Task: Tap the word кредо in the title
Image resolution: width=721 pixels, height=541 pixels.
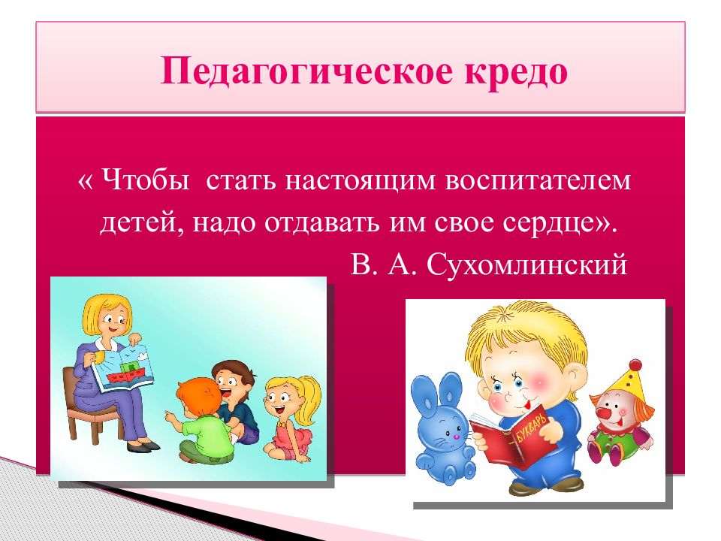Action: point(516,71)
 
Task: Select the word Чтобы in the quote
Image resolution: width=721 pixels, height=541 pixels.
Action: point(145,180)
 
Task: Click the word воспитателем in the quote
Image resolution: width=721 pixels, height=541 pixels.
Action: point(538,180)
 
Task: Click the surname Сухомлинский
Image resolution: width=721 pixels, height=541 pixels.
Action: point(526,265)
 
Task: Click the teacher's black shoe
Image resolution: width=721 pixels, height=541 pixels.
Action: point(146,446)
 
